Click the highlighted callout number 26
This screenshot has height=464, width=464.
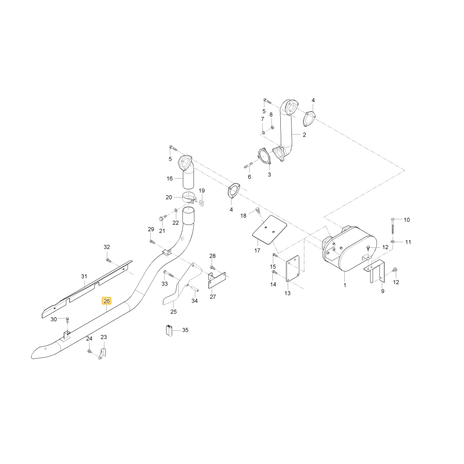107,301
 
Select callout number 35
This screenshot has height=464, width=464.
185,330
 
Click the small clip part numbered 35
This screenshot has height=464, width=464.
169,330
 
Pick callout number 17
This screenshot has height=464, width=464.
257,251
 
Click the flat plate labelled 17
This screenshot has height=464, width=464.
270,230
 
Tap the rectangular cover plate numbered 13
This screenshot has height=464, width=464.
292,269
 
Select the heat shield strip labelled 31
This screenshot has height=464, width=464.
87,290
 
